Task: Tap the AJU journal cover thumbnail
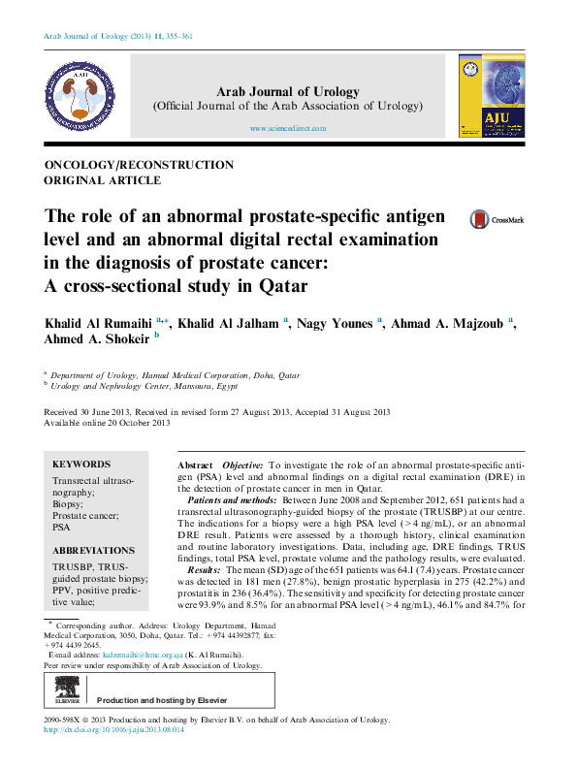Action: pyautogui.click(x=493, y=95)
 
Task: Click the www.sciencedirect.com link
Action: pyautogui.click(x=288, y=128)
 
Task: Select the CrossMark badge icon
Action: pyautogui.click(x=495, y=220)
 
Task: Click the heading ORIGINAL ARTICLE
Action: pyautogui.click(x=103, y=180)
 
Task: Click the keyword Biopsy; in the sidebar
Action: pyautogui.click(x=68, y=504)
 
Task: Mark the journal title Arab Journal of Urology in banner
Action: pyautogui.click(x=288, y=92)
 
